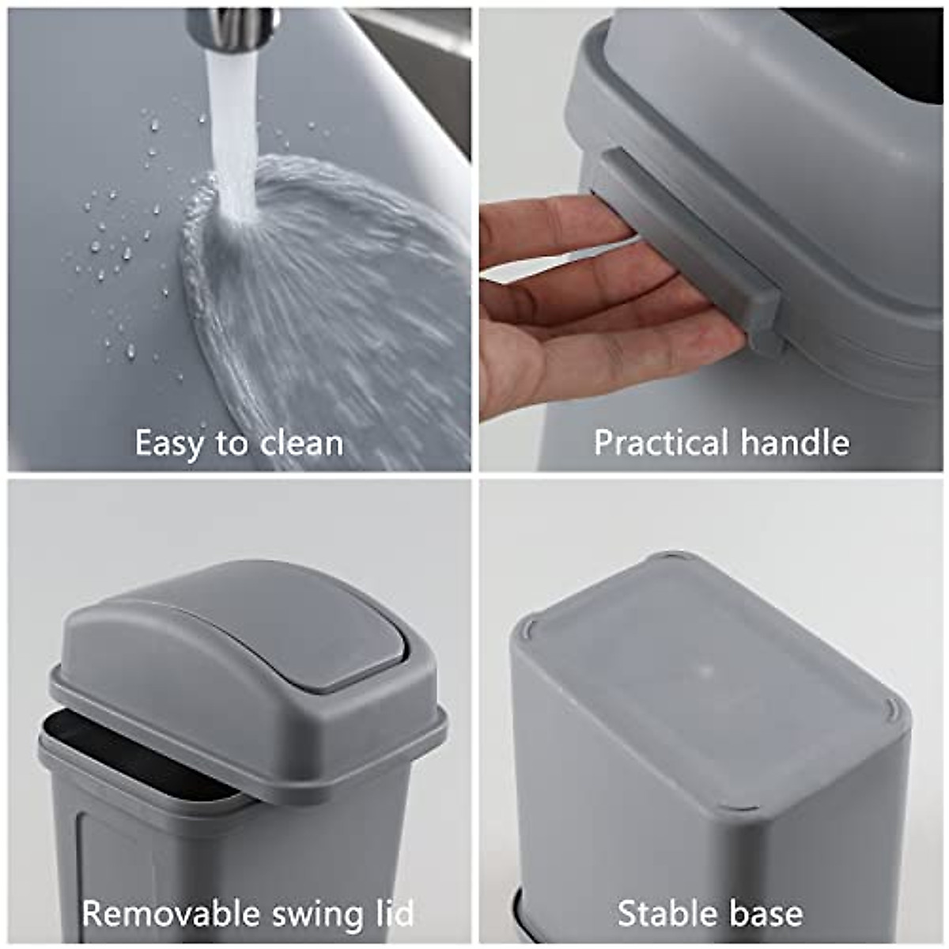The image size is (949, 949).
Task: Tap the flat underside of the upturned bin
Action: (x=704, y=680)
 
